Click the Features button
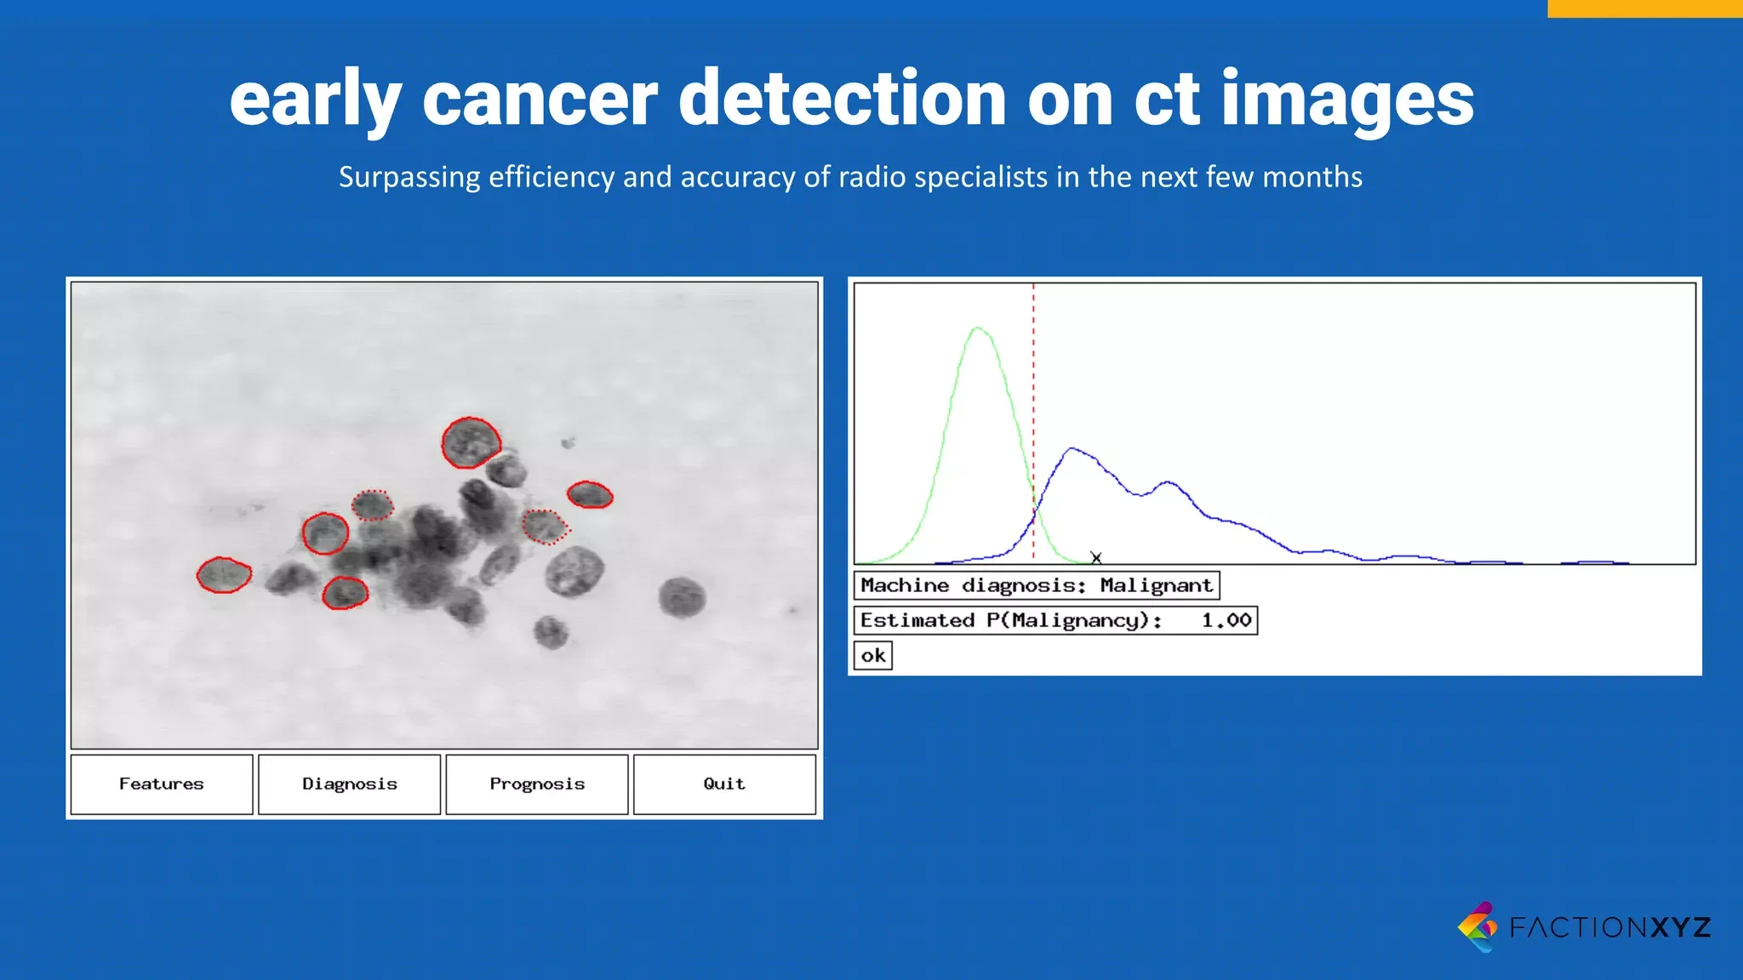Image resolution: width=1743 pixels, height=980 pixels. (x=162, y=783)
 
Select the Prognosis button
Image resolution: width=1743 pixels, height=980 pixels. (x=537, y=783)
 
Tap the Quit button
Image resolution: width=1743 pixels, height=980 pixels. (x=724, y=783)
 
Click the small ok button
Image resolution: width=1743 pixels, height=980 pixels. (x=873, y=656)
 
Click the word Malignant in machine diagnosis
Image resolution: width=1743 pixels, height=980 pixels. (x=1155, y=585)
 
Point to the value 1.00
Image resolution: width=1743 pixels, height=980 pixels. (x=1226, y=620)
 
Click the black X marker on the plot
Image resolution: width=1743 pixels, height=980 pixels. (x=1096, y=558)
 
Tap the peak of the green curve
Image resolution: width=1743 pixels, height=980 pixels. (x=979, y=328)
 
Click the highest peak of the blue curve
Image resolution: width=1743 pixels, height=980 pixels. (x=1072, y=448)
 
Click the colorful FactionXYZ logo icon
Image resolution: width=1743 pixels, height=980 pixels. (x=1478, y=926)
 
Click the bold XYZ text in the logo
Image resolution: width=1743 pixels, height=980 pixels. (x=1681, y=926)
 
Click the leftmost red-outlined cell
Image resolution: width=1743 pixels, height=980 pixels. (x=224, y=575)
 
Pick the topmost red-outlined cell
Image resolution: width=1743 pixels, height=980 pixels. (x=471, y=442)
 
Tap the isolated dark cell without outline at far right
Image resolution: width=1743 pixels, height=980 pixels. (x=682, y=596)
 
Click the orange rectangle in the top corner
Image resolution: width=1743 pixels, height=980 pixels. (x=1644, y=8)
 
